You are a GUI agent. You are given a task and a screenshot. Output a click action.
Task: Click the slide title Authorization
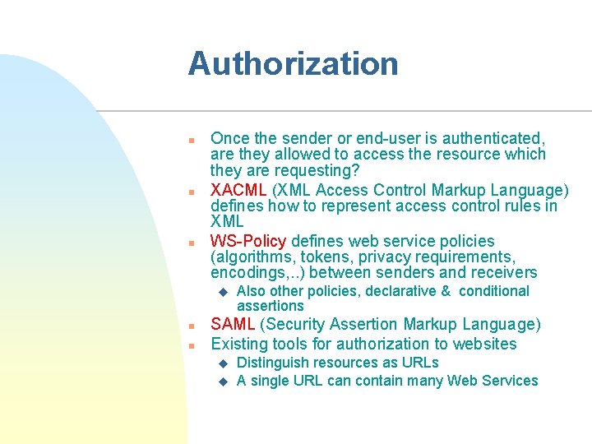point(293,64)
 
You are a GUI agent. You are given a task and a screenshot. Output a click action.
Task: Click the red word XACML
point(237,190)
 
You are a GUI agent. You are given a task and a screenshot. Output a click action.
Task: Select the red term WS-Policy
point(248,241)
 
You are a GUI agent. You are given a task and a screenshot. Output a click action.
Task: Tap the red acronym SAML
point(234,325)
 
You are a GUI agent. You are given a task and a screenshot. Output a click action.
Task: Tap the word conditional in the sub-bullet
point(493,291)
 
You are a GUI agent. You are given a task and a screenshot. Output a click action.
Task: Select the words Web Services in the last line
point(493,381)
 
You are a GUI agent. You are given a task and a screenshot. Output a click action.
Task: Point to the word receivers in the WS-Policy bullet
point(503,272)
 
